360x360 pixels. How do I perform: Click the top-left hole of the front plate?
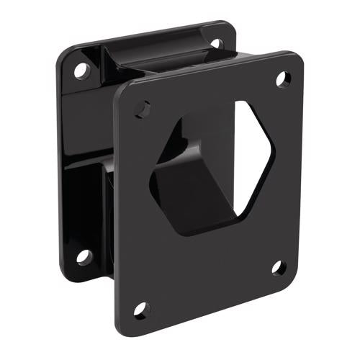(x=143, y=109)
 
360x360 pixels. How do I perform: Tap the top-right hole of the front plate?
(x=282, y=78)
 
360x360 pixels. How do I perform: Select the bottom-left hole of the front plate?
(x=141, y=310)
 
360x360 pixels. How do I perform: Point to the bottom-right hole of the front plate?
(x=279, y=268)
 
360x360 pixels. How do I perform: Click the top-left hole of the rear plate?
(x=80, y=71)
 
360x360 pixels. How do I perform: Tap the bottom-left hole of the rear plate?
(x=84, y=256)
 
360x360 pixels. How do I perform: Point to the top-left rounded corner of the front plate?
(x=124, y=90)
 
